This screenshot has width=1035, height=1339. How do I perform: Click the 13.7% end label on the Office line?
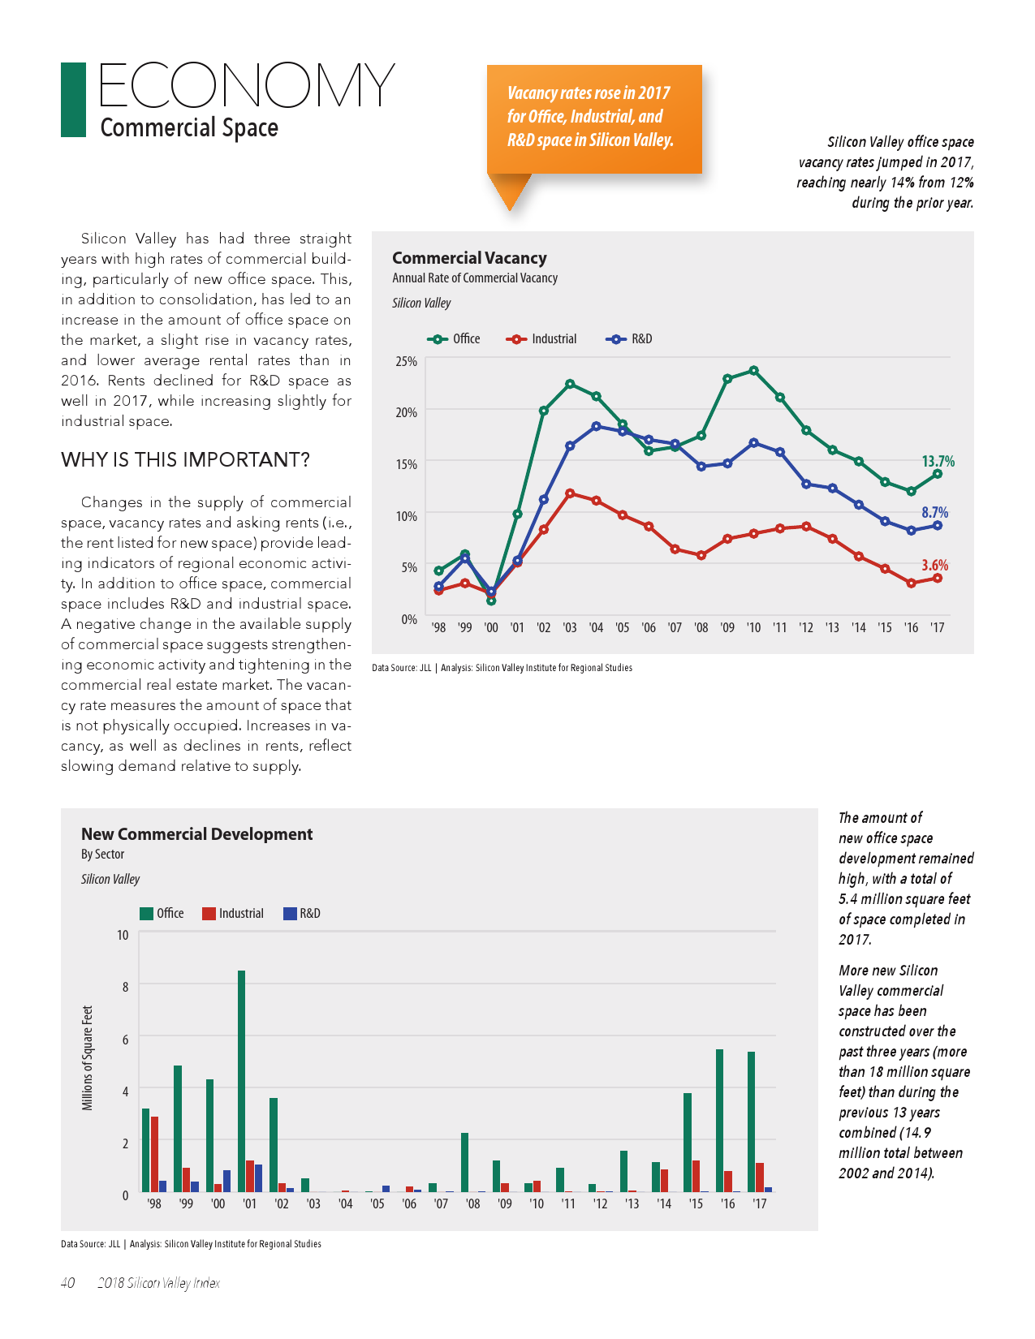938,461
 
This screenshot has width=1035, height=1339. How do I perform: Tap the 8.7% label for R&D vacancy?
934,512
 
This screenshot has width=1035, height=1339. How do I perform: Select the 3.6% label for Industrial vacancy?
934,565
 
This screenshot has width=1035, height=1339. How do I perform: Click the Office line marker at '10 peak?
754,371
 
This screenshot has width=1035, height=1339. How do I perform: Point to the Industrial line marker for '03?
570,493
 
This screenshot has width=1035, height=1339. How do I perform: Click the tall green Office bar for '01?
242,1080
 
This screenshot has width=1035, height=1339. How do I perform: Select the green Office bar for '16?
719,1120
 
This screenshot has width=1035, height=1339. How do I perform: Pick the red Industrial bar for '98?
154,1153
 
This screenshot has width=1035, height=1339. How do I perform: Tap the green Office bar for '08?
465,1162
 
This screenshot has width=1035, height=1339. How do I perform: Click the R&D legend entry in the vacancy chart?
630,339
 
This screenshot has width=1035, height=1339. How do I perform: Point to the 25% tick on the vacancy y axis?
406,361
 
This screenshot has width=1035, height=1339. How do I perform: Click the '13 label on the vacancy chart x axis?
832,627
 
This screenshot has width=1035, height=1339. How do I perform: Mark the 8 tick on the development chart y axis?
125,987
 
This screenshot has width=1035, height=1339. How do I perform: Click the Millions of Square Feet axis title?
88,1057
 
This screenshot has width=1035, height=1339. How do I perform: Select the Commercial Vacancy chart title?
469,258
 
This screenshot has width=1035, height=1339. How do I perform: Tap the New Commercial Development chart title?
196,834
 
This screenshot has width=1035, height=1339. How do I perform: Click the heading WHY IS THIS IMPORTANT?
185,460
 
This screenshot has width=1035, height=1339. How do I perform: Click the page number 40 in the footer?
68,1283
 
